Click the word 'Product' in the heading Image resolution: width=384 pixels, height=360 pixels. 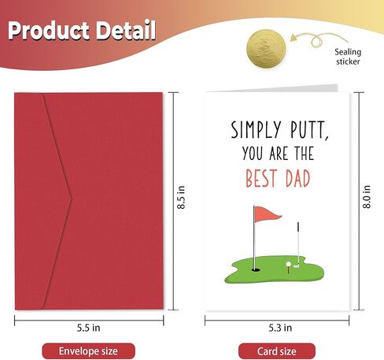click(50, 32)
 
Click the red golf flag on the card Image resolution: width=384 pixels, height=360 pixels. click(265, 213)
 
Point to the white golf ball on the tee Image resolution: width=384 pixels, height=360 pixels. click(289, 263)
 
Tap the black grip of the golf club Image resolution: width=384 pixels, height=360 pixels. click(298, 228)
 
